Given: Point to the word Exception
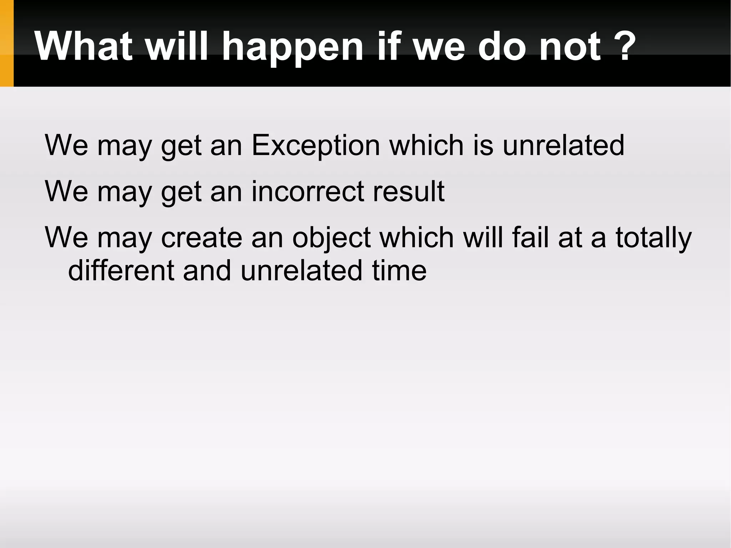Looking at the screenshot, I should pos(316,146).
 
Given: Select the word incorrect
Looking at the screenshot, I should pos(308,191).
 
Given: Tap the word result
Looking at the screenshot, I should pos(408,191).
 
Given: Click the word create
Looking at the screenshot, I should pos(202,237).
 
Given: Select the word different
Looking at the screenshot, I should pos(121,270).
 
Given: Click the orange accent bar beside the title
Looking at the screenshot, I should pos(6,43).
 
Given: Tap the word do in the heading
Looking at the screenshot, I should pos(501,46).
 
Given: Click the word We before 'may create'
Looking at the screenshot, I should pos(66,237).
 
